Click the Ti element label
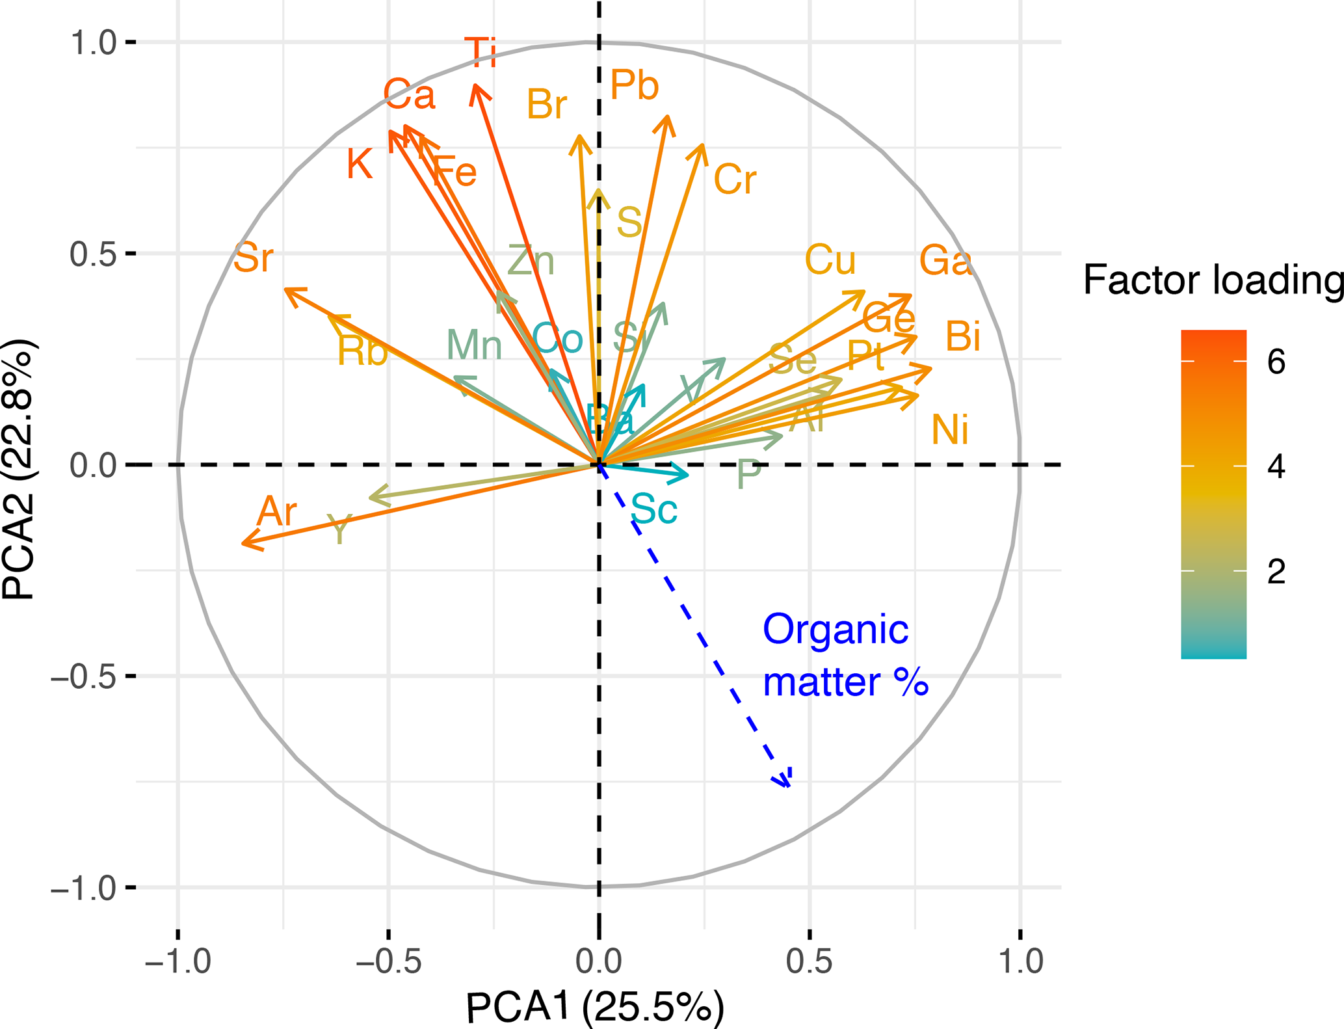(481, 53)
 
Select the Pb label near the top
(635, 85)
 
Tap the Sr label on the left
(253, 258)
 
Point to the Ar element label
(277, 512)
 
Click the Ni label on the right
(950, 430)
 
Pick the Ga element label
(945, 261)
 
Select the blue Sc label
(654, 509)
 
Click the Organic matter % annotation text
(844, 656)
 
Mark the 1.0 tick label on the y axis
(94, 43)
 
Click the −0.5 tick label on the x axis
(388, 961)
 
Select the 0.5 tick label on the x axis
(809, 961)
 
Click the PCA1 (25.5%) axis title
(595, 1008)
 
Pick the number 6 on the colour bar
(1276, 362)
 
